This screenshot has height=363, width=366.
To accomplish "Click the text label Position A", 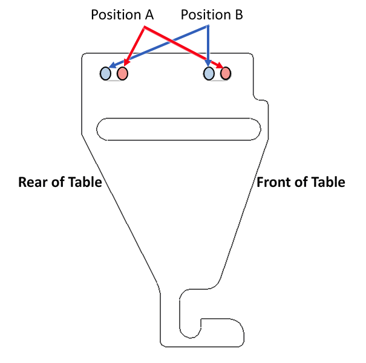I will (x=122, y=15).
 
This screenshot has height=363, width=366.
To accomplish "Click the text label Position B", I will (x=212, y=15).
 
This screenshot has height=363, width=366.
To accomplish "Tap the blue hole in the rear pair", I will (x=106, y=73).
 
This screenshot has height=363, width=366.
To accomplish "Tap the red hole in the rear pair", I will (x=122, y=73).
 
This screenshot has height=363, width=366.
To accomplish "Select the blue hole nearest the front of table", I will (x=209, y=73).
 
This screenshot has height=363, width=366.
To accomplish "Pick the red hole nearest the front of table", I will (x=226, y=73).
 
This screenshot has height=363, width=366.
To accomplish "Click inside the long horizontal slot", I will (x=178, y=129).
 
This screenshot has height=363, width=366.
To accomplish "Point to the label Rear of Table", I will (x=60, y=182).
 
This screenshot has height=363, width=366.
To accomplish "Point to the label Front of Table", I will (x=301, y=182).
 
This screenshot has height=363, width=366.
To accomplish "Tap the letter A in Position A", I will (x=148, y=15).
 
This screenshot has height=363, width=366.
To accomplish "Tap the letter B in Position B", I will (x=238, y=15).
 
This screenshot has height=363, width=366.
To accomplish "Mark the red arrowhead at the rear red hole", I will (x=127, y=62).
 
